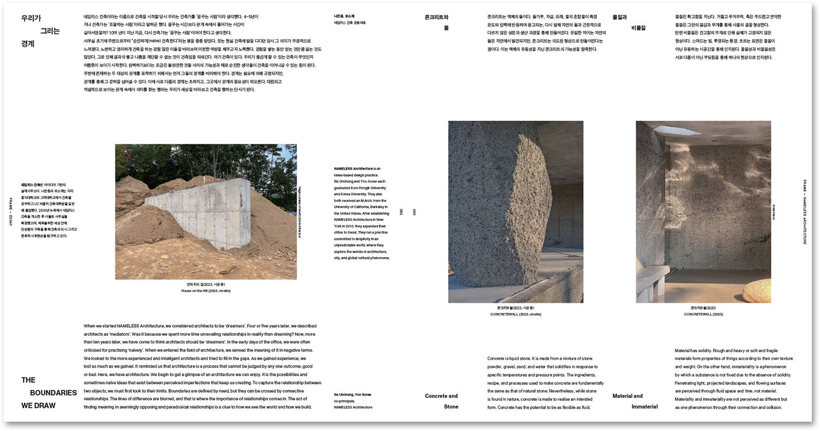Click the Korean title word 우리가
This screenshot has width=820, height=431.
(31, 18)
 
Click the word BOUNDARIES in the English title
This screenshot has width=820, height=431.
(53, 393)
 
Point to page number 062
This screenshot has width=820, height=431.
(401, 212)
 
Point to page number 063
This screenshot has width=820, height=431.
(414, 212)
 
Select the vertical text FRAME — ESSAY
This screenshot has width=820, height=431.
(10, 212)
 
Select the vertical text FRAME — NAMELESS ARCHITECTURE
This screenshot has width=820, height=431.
(805, 212)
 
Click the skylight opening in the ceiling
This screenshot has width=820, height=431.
(677, 130)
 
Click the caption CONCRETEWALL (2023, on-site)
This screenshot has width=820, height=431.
(516, 314)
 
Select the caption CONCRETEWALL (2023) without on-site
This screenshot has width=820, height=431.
(703, 314)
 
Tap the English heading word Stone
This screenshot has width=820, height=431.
(451, 406)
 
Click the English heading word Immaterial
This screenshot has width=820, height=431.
(645, 406)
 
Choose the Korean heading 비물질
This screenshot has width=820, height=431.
(638, 28)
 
